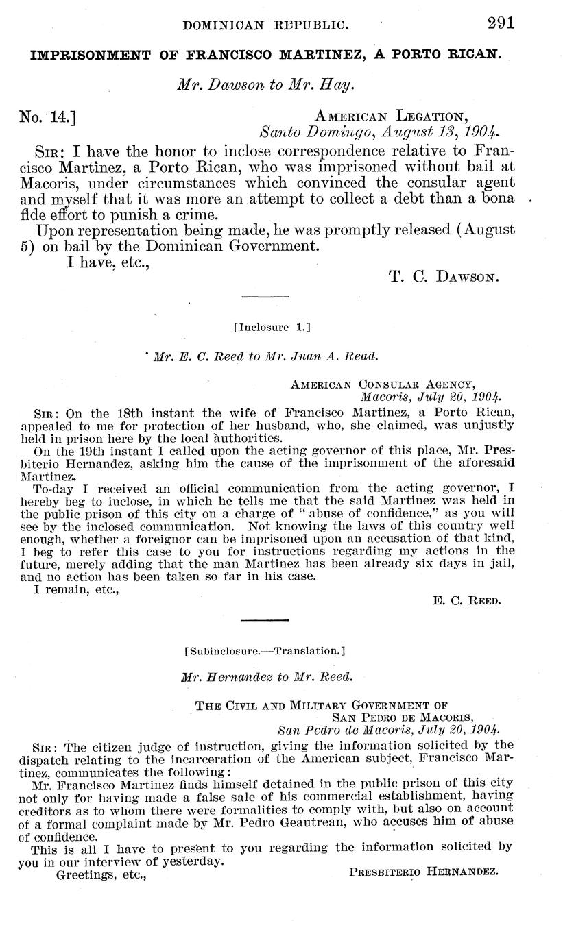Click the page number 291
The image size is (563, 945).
pos(501,23)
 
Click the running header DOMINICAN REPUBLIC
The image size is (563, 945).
pos(266,25)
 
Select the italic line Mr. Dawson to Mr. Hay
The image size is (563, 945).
pos(265,86)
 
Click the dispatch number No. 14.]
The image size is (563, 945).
pos(48,117)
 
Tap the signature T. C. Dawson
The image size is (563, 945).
pos(443,277)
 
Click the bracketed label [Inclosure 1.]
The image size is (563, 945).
pos(272,328)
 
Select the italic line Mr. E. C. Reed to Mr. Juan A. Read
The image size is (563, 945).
pos(264,356)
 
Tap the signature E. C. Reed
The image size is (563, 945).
pos(468,601)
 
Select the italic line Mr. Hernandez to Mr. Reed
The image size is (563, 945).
pos(267,677)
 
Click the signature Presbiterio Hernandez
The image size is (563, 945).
pos(423,872)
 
